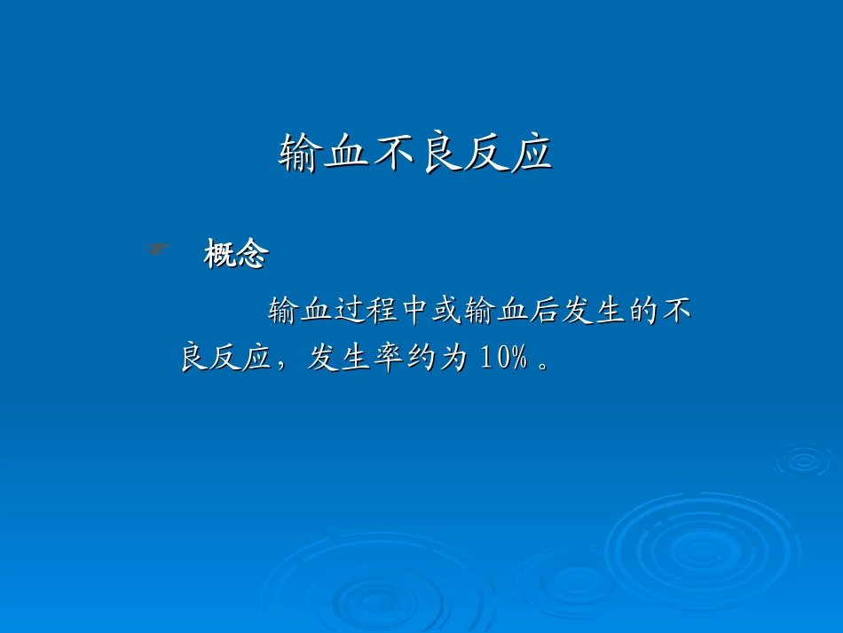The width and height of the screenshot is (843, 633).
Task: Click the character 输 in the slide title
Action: pyautogui.click(x=301, y=154)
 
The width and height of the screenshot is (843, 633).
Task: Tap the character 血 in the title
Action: pyautogui.click(x=347, y=154)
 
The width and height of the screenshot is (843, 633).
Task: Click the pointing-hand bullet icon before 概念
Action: pyautogui.click(x=158, y=250)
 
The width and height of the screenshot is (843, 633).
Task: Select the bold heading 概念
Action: pyautogui.click(x=236, y=256)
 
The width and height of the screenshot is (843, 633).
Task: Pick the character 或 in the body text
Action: pyautogui.click(x=445, y=312)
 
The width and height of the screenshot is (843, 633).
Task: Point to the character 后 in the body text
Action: pyautogui.click(x=543, y=312)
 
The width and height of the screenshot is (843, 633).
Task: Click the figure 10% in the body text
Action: pyautogui.click(x=503, y=358)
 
